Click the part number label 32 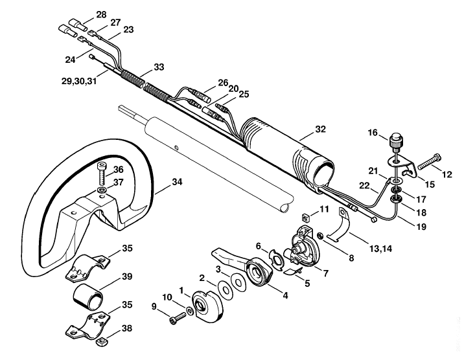[x=320, y=129]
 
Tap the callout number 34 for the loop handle [x=177, y=182]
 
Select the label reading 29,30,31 [x=79, y=81]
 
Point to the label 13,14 [x=380, y=249]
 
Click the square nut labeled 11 [x=306, y=218]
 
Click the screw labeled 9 [x=178, y=319]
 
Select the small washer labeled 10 [x=189, y=311]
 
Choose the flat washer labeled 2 [x=225, y=289]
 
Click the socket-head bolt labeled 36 [x=102, y=174]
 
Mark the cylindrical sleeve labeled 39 [x=88, y=297]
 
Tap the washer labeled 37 [x=102, y=190]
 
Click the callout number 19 [x=421, y=227]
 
